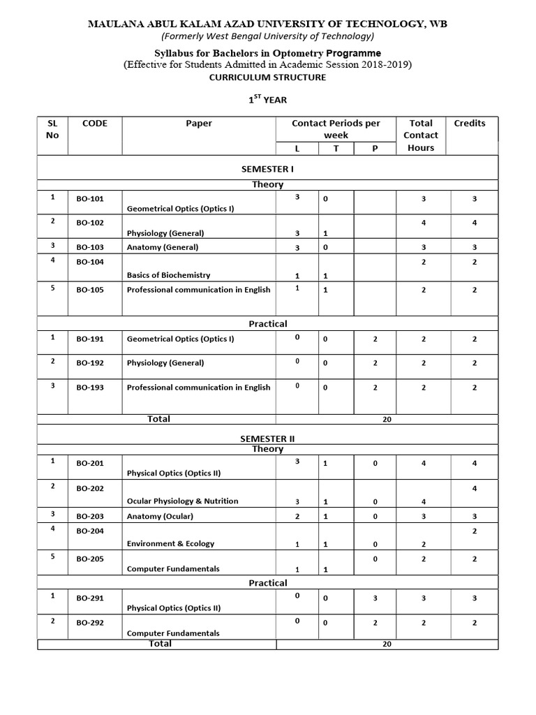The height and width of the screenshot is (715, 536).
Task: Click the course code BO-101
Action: (90, 199)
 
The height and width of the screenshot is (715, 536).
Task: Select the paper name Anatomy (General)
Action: (163, 247)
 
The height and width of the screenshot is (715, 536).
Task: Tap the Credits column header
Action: (470, 124)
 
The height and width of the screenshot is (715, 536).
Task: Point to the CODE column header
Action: (95, 124)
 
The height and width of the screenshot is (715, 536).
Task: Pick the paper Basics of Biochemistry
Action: (168, 275)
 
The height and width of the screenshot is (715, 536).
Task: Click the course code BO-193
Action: (90, 388)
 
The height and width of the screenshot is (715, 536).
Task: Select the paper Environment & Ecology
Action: (170, 543)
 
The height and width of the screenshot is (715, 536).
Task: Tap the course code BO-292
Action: (90, 623)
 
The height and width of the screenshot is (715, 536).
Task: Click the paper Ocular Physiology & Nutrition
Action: (182, 501)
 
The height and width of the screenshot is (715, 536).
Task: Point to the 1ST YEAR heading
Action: (268, 100)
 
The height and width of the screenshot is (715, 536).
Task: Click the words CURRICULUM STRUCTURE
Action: (268, 78)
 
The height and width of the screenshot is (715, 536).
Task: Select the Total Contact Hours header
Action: (421, 135)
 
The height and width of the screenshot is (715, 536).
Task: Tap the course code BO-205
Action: (90, 558)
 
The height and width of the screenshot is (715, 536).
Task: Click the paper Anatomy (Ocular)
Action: (160, 517)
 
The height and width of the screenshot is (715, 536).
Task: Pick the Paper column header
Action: (199, 124)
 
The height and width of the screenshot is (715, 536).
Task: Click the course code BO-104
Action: (90, 262)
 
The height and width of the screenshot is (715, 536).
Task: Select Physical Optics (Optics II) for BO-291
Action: (174, 607)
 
